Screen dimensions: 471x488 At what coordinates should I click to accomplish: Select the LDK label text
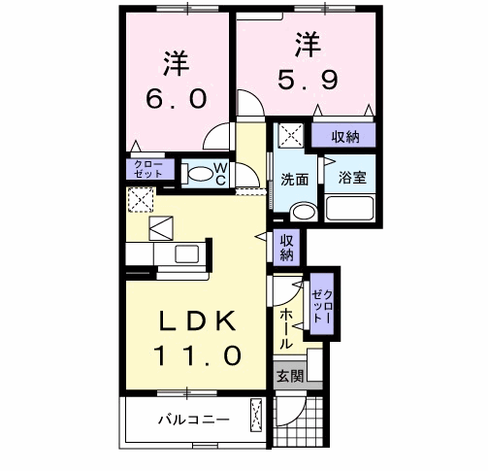pyautogui.click(x=193, y=320)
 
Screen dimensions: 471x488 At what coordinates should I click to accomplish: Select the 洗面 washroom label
pyautogui.click(x=295, y=180)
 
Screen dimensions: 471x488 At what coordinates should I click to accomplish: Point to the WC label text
pyautogui.click(x=220, y=173)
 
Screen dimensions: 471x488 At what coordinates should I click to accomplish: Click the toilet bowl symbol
pyautogui.click(x=198, y=175)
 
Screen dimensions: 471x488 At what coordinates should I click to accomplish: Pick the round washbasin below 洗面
pyautogui.click(x=303, y=212)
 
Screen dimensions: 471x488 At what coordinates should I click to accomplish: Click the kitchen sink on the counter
pyautogui.click(x=185, y=254)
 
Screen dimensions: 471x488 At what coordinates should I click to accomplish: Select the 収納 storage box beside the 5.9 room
pyautogui.click(x=342, y=136)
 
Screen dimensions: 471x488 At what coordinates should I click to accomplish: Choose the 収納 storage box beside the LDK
pyautogui.click(x=287, y=249)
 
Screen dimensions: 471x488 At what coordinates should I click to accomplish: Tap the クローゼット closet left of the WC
pyautogui.click(x=148, y=171)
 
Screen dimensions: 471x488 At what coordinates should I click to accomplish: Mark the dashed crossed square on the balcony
pyautogui.click(x=256, y=416)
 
